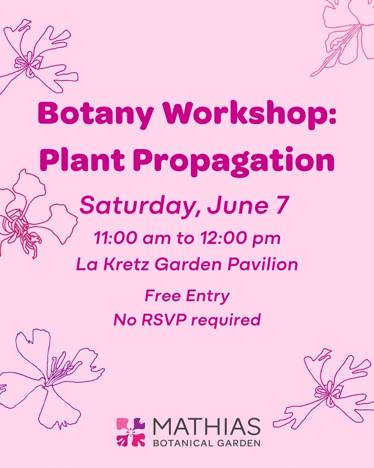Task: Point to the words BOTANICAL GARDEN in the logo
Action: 206,443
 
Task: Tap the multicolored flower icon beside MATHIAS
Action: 131,432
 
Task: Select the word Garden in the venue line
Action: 191,264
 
